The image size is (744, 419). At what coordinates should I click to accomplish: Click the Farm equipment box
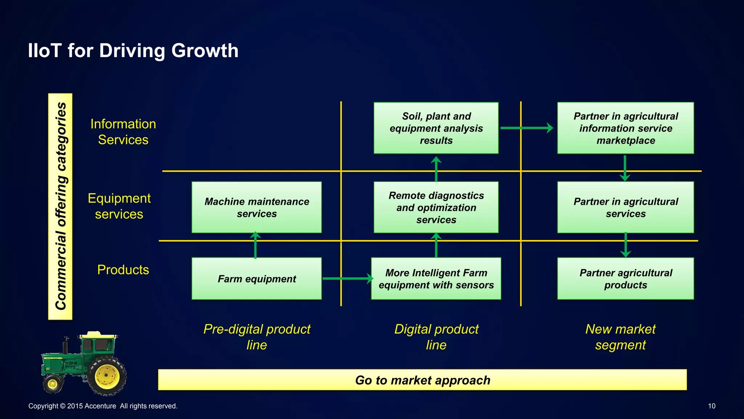pos(256,279)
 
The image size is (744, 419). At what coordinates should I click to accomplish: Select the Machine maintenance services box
pos(256,207)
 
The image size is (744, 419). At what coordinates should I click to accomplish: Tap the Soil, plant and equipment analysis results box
pos(436,128)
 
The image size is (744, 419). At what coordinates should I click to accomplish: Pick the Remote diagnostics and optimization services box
pos(436,207)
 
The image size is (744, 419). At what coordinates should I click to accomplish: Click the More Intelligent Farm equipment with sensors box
pos(436,279)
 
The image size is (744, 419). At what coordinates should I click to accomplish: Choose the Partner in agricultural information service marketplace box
pos(625,128)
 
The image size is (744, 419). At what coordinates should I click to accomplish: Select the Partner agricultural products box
pos(625,279)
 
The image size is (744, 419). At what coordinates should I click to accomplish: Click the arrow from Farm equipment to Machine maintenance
pos(256,245)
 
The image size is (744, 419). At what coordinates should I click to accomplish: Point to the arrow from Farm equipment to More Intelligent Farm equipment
pos(347,279)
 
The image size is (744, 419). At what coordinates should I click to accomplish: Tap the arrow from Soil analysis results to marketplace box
pos(526,128)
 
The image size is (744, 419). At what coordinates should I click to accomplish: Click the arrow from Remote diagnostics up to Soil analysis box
pos(436,169)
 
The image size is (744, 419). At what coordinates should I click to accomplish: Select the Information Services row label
pos(123,132)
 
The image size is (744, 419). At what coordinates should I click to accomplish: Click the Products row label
pos(123,270)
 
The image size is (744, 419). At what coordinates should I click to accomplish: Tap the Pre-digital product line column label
pos(256,337)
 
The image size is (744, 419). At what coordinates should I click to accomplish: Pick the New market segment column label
pos(620,337)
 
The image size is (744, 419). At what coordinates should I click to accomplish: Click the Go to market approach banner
pos(422,380)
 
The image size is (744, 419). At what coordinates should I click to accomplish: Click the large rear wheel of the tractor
pos(107,376)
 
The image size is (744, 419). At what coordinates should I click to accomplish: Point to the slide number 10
pos(711,406)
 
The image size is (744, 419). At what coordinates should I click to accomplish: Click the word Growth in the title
pos(205,51)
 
